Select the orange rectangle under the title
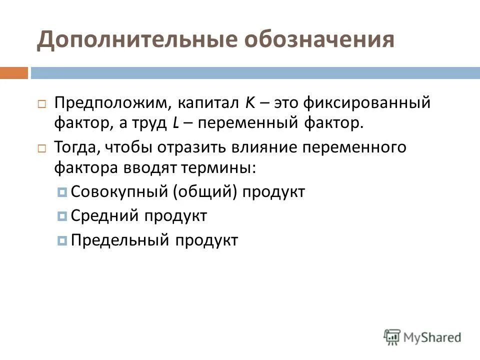point(13,73)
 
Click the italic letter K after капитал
point(250,103)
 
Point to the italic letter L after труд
point(176,123)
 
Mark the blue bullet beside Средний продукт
point(62,216)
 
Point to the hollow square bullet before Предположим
point(41,104)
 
